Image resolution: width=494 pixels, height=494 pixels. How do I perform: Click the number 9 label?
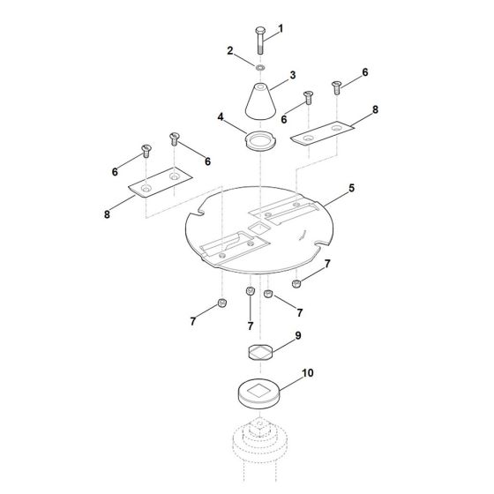[298, 336]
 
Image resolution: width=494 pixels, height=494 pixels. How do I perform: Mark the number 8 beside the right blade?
[374, 111]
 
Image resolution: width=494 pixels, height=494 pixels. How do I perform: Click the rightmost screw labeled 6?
[336, 86]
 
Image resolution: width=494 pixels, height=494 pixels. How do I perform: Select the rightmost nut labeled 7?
[297, 283]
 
